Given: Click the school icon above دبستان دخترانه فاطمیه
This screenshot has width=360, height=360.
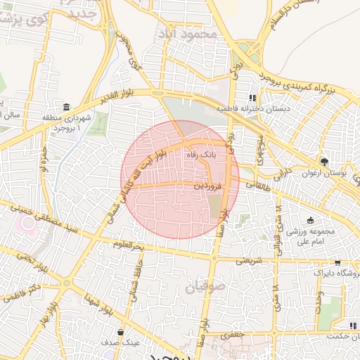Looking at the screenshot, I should [x=252, y=98].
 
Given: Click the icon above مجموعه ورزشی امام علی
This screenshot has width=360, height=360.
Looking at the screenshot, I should [x=310, y=220].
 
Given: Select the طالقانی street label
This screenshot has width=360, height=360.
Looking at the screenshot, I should [x=259, y=185].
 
